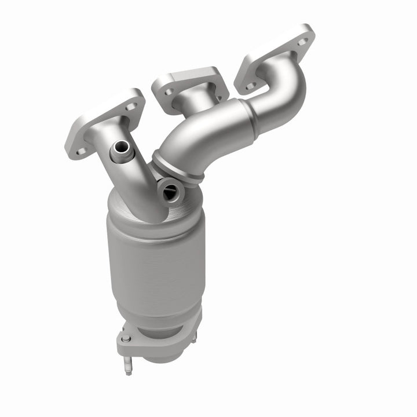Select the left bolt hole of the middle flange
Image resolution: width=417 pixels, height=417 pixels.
(168, 92)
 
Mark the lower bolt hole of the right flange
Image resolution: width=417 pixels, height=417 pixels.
(250, 86)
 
